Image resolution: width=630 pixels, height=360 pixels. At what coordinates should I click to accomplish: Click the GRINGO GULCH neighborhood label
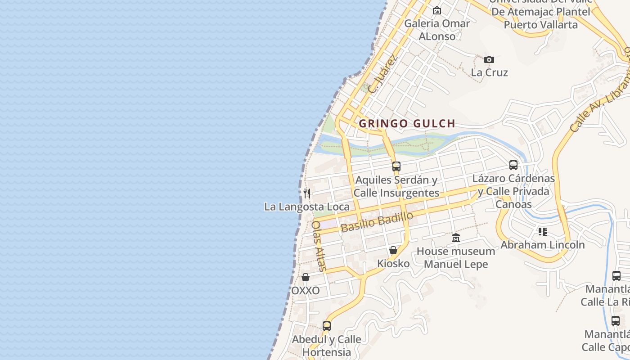coord(407,123)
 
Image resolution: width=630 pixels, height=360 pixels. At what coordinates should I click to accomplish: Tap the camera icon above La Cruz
coord(489,59)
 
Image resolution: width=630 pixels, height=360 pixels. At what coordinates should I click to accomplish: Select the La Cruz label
coord(489,72)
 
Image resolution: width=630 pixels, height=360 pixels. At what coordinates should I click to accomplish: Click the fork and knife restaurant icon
coord(307,193)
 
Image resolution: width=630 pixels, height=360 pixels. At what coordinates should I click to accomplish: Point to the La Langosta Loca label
coord(306,207)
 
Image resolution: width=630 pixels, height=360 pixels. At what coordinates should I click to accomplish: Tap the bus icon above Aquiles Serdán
coord(396,166)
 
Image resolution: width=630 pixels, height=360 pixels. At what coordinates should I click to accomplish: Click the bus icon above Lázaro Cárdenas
coord(513,165)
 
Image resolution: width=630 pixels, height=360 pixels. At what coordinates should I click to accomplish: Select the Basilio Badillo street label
coord(377,222)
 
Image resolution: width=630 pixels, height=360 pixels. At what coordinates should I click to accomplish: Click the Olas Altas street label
coord(319,246)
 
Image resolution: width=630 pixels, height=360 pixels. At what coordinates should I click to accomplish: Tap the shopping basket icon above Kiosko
coord(393,250)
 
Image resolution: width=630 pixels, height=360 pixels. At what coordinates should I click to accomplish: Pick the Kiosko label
coord(393,263)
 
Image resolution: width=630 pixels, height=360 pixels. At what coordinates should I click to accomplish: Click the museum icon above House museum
coord(456,238)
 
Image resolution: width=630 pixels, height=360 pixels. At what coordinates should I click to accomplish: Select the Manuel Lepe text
coord(456,264)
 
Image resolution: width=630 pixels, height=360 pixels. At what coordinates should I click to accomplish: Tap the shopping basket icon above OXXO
coord(306,277)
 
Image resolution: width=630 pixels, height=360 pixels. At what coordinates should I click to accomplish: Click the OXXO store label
coord(306,291)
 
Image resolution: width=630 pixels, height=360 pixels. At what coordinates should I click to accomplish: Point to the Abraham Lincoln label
coord(543,245)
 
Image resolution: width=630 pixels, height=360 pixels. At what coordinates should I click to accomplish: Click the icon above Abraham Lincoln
coord(543,232)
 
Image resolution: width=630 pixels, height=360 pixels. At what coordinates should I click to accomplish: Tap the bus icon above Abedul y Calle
coord(327,326)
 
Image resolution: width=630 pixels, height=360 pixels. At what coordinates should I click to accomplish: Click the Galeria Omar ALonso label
coord(437,30)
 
